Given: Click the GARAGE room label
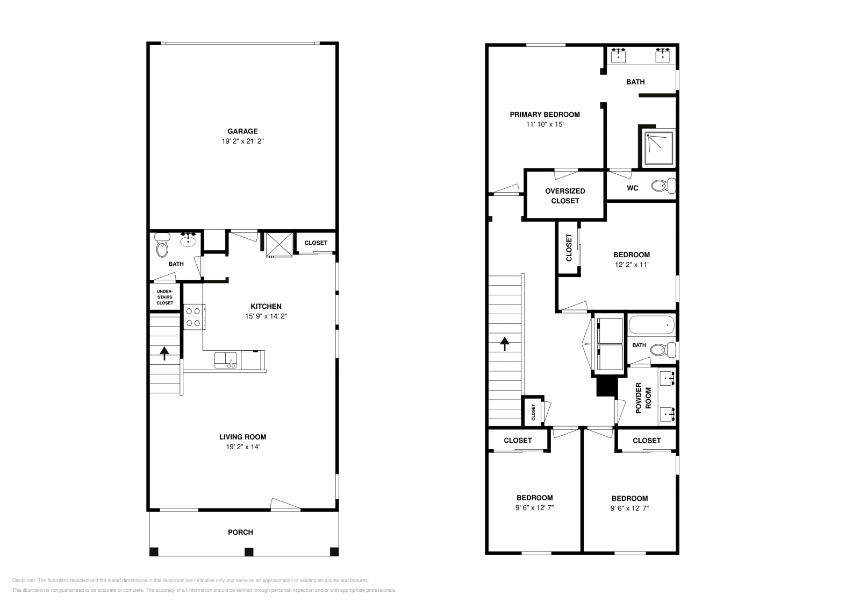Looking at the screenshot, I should (242, 131).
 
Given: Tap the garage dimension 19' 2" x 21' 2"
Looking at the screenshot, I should (242, 141).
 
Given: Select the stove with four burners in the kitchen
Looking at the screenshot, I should (193, 317).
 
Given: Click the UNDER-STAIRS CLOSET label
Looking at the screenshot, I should (165, 297).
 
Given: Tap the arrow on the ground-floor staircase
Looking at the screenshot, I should (164, 353).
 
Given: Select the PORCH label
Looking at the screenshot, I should (240, 532).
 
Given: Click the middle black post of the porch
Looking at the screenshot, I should (248, 551).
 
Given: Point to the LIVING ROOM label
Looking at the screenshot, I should (242, 437).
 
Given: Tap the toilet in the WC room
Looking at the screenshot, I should (663, 186).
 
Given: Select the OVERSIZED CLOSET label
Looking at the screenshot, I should (565, 195).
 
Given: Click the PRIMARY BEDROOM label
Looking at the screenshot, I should (544, 114).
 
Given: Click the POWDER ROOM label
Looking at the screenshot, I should (643, 398).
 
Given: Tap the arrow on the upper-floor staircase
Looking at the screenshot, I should (504, 343).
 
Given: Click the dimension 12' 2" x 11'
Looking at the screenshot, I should (632, 265).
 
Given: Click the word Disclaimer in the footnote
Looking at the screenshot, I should (23, 580).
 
